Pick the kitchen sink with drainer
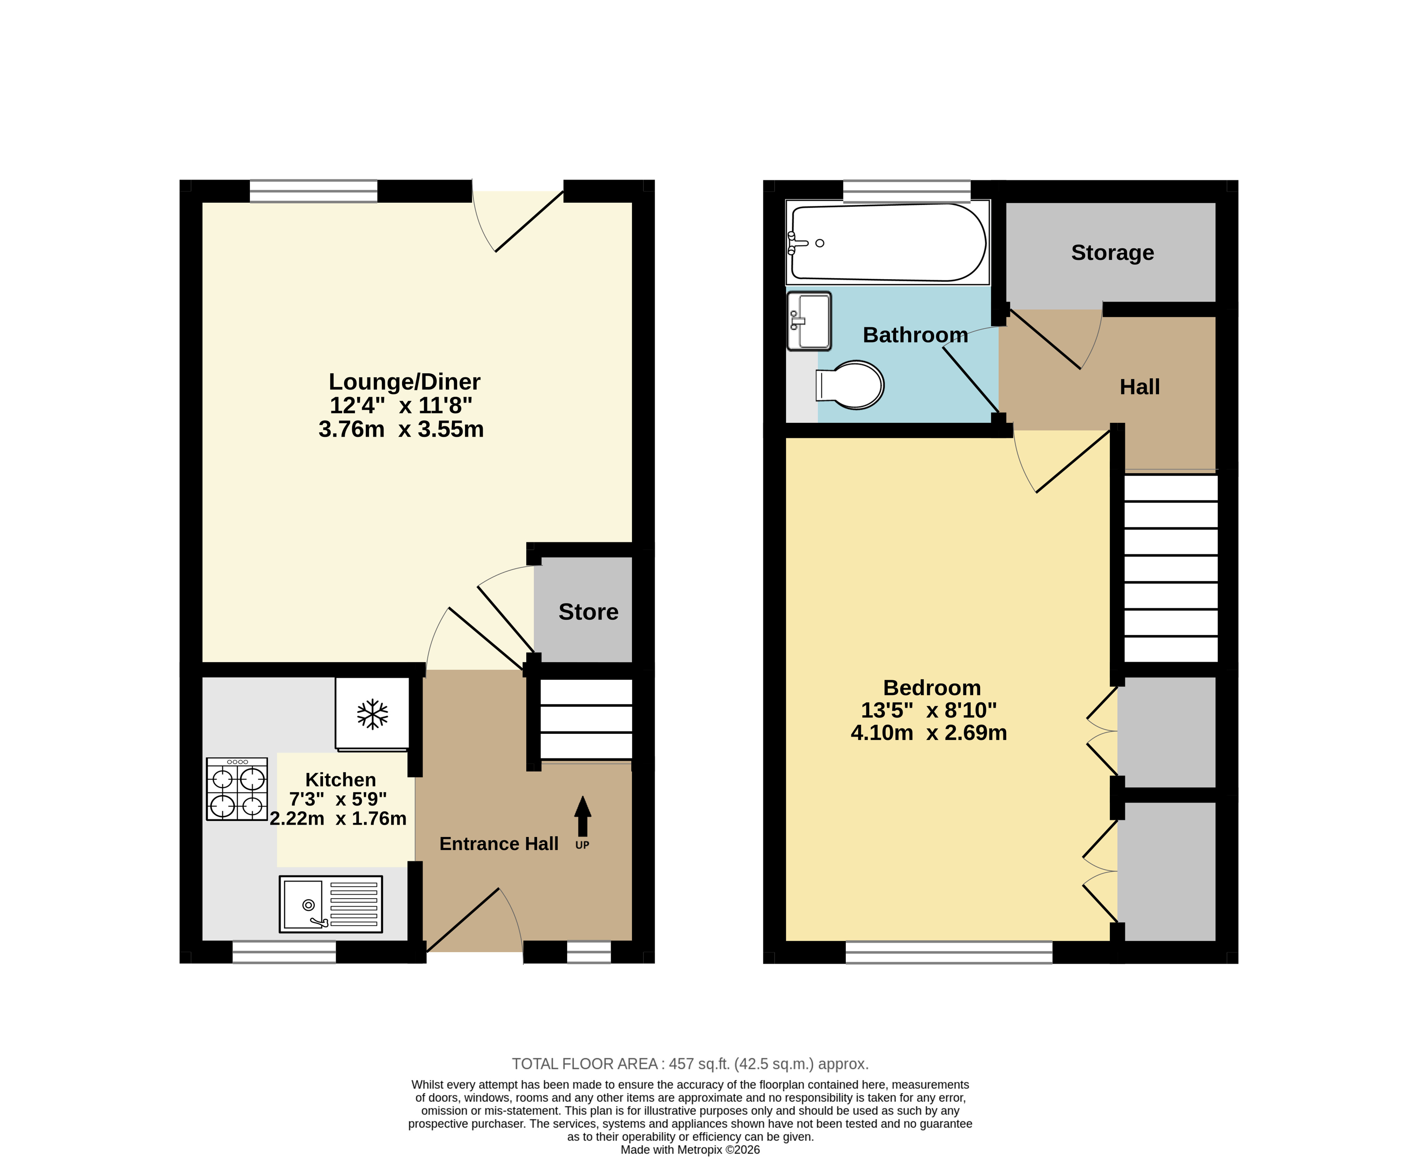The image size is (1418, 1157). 331,904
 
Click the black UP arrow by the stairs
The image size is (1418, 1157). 583,816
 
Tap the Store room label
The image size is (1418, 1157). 588,612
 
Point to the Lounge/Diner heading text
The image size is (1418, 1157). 405,382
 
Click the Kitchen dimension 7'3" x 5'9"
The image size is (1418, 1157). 338,799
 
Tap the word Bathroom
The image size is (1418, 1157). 915,334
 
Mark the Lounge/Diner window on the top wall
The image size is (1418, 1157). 313,191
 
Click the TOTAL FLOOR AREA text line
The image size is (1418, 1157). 690,1064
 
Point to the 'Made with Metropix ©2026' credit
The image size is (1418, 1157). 690,1150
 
